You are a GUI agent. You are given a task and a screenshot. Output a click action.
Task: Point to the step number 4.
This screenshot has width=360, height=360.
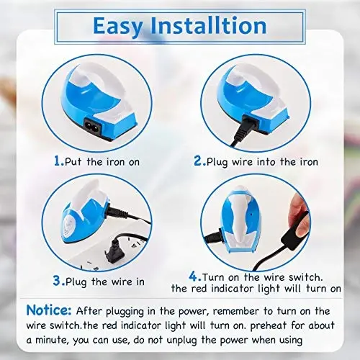click(192, 275)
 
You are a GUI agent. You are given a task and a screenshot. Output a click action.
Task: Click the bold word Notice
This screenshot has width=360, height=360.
click(49, 310)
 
